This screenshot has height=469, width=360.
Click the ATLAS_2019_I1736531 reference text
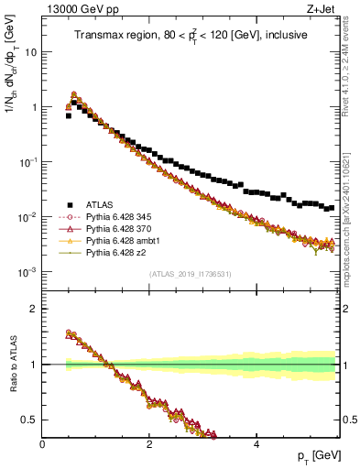(x=189, y=275)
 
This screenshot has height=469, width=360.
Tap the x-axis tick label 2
(x=148, y=444)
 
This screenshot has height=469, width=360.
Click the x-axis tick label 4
(x=256, y=444)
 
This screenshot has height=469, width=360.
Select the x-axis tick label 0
(x=42, y=444)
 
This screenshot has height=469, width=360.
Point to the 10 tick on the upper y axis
(x=31, y=52)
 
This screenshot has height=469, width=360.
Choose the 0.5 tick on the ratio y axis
(x=29, y=420)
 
